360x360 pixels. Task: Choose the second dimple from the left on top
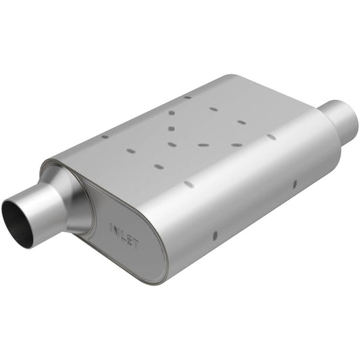click(130, 151)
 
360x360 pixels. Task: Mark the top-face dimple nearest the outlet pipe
click(272, 136)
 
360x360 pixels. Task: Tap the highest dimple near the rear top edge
click(187, 97)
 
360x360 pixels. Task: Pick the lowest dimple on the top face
click(157, 165)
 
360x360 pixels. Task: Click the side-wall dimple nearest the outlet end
click(295, 183)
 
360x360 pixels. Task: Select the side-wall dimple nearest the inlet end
click(215, 235)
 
